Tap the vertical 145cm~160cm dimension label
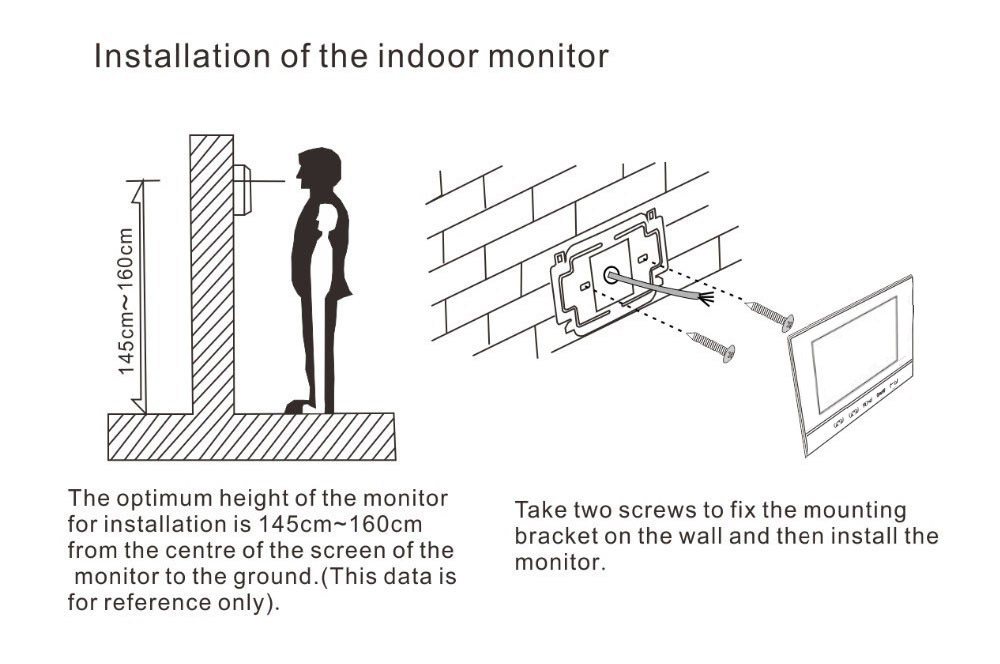127,300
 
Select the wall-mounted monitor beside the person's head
243,189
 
